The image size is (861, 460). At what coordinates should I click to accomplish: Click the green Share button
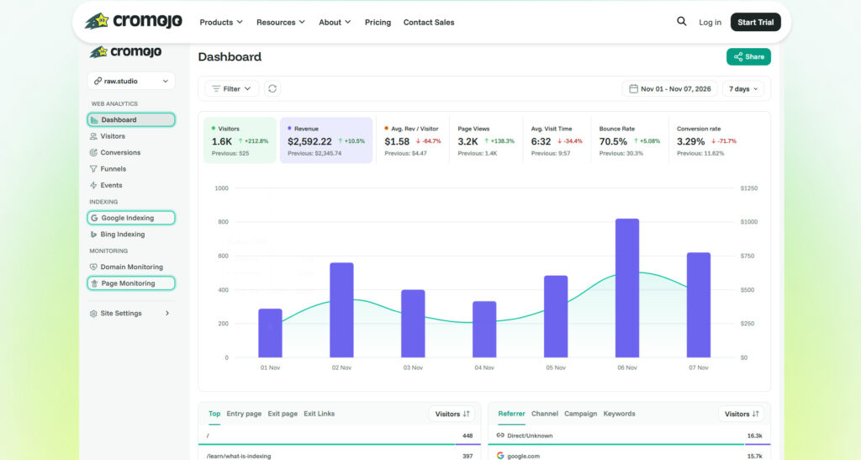[x=748, y=56]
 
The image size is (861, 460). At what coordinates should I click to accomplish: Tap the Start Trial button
[x=756, y=22]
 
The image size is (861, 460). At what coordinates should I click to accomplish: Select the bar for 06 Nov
[x=627, y=288]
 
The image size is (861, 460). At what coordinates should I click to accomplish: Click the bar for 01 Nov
[x=270, y=333]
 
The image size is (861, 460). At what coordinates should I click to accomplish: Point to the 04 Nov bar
[x=484, y=330]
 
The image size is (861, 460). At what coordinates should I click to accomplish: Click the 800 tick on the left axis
[x=223, y=222]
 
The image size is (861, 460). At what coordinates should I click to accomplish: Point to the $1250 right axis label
[x=749, y=188]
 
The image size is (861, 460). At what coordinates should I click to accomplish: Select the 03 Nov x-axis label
[x=413, y=367]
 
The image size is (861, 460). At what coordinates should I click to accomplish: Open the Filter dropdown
[x=232, y=88]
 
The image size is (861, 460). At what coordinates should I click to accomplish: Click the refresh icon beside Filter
[x=272, y=88]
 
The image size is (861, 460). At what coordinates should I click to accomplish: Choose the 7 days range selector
[x=743, y=89]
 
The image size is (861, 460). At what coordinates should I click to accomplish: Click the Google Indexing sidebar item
[x=131, y=218]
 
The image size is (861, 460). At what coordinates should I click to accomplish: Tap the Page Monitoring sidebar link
[x=131, y=283]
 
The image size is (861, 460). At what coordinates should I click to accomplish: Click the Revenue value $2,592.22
[x=309, y=141]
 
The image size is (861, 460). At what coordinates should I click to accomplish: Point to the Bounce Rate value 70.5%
[x=613, y=141]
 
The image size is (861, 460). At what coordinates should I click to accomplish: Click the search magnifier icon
[x=681, y=21]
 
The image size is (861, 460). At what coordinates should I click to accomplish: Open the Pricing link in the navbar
[x=378, y=23]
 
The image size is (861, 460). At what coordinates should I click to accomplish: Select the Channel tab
[x=545, y=414]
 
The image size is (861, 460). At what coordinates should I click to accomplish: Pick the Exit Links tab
[x=319, y=414]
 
